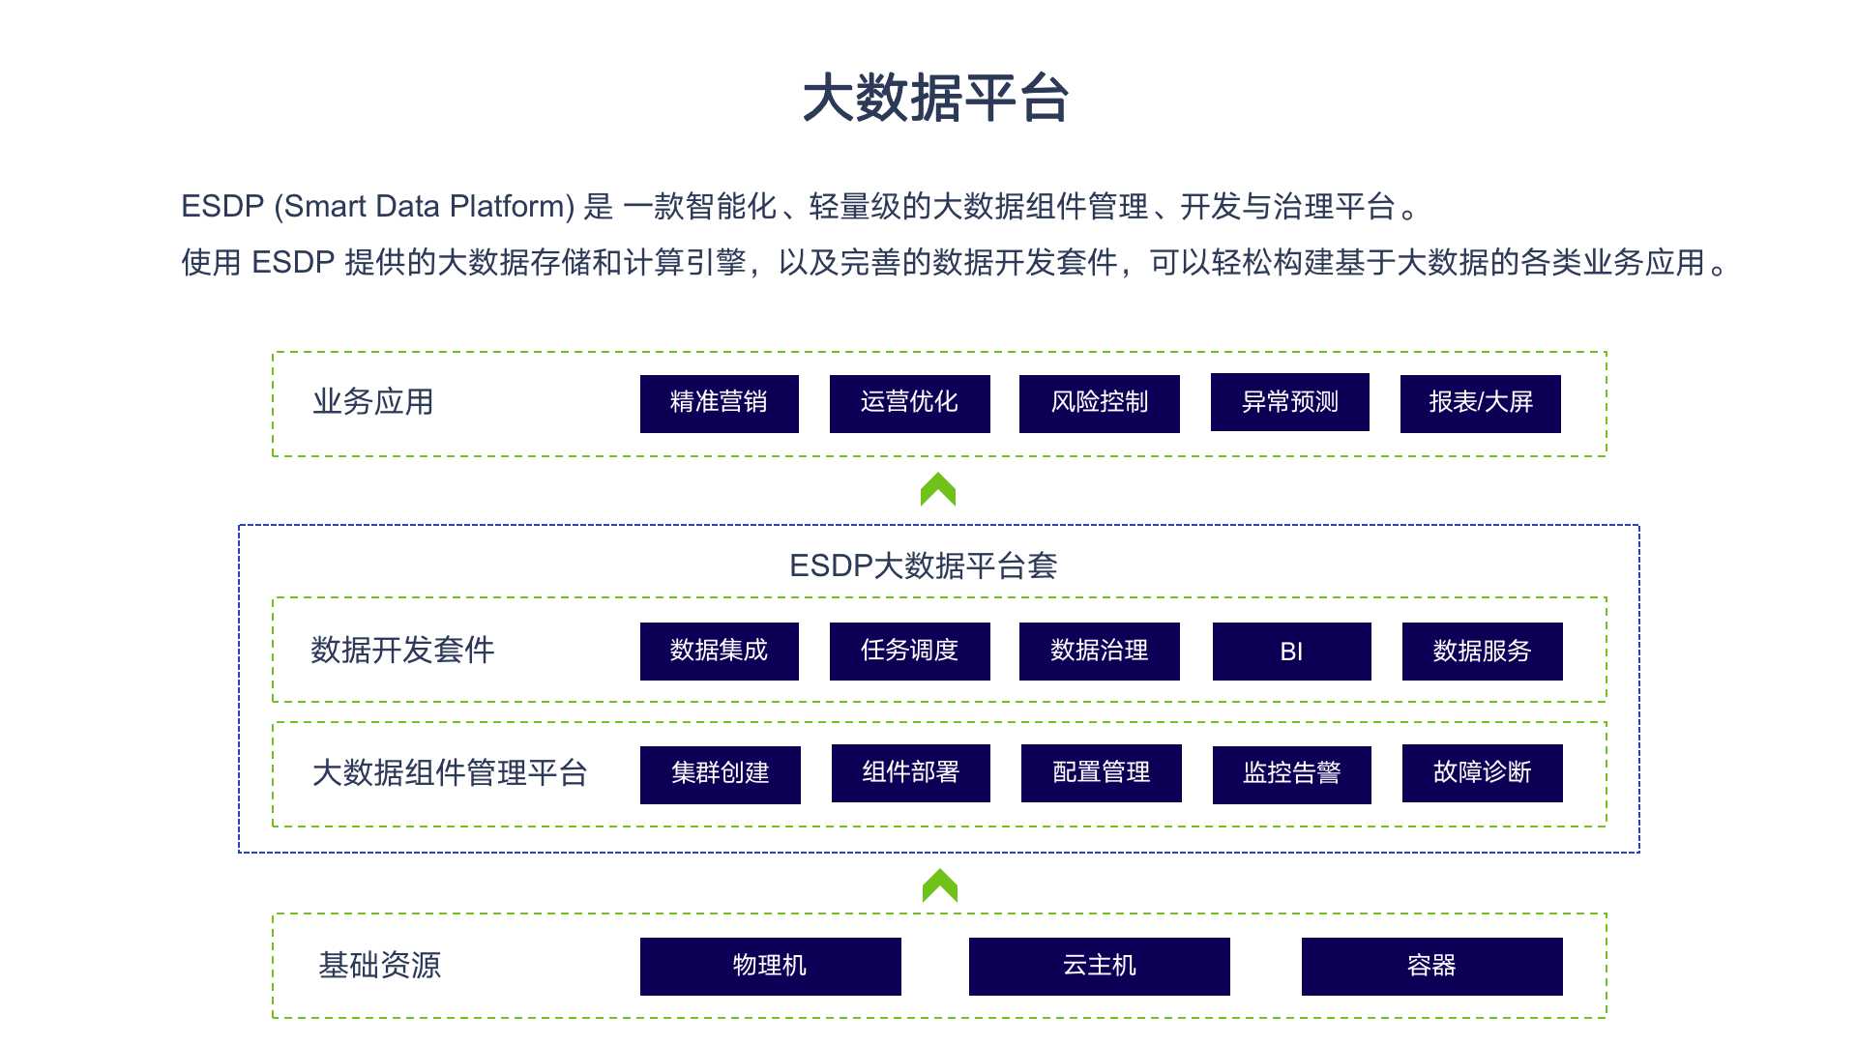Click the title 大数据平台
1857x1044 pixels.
point(935,99)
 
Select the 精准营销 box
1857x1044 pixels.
point(719,403)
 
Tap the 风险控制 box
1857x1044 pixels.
point(1099,403)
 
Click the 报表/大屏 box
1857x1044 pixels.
point(1480,403)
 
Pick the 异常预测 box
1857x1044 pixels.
point(1289,402)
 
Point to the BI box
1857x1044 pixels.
point(1291,652)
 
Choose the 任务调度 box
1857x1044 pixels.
point(909,652)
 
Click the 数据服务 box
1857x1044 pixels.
point(1482,652)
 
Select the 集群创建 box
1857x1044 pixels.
point(720,774)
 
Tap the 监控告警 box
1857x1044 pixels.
point(1291,774)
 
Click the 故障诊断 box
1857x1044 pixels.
point(1482,773)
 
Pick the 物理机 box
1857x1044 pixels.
point(770,966)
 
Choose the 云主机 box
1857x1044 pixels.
point(1099,966)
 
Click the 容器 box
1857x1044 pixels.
point(1431,966)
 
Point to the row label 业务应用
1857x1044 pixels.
point(373,402)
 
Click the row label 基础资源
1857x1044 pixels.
point(380,966)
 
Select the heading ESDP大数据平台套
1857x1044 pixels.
point(923,565)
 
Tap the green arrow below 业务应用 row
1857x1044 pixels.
point(938,490)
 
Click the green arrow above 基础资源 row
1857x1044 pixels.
point(939,886)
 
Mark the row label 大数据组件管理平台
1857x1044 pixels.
point(450,773)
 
